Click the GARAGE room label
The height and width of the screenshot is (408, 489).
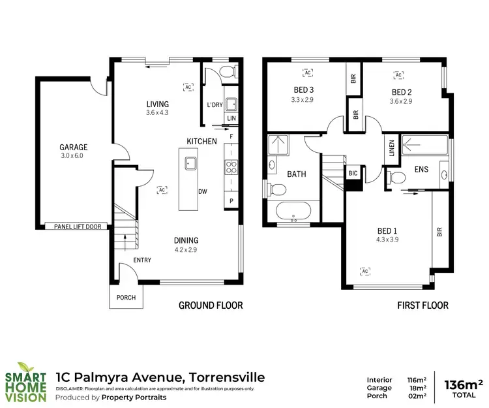point(72,147)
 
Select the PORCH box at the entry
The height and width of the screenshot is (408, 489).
point(126,298)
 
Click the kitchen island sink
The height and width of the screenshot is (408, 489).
point(191,163)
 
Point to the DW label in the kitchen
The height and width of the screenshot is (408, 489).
point(203,191)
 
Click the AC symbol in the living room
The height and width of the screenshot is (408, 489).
point(188,86)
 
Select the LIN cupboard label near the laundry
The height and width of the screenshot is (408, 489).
point(231,118)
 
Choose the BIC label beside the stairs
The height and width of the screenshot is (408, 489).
point(353,173)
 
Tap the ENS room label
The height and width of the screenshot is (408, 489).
point(421,169)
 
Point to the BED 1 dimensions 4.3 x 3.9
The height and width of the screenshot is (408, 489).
point(387,240)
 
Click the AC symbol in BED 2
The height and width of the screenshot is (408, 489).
point(397,75)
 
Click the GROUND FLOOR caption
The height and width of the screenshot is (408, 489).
point(211,305)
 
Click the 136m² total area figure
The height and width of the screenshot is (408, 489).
point(463,384)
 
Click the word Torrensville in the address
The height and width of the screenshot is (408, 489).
point(227,377)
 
